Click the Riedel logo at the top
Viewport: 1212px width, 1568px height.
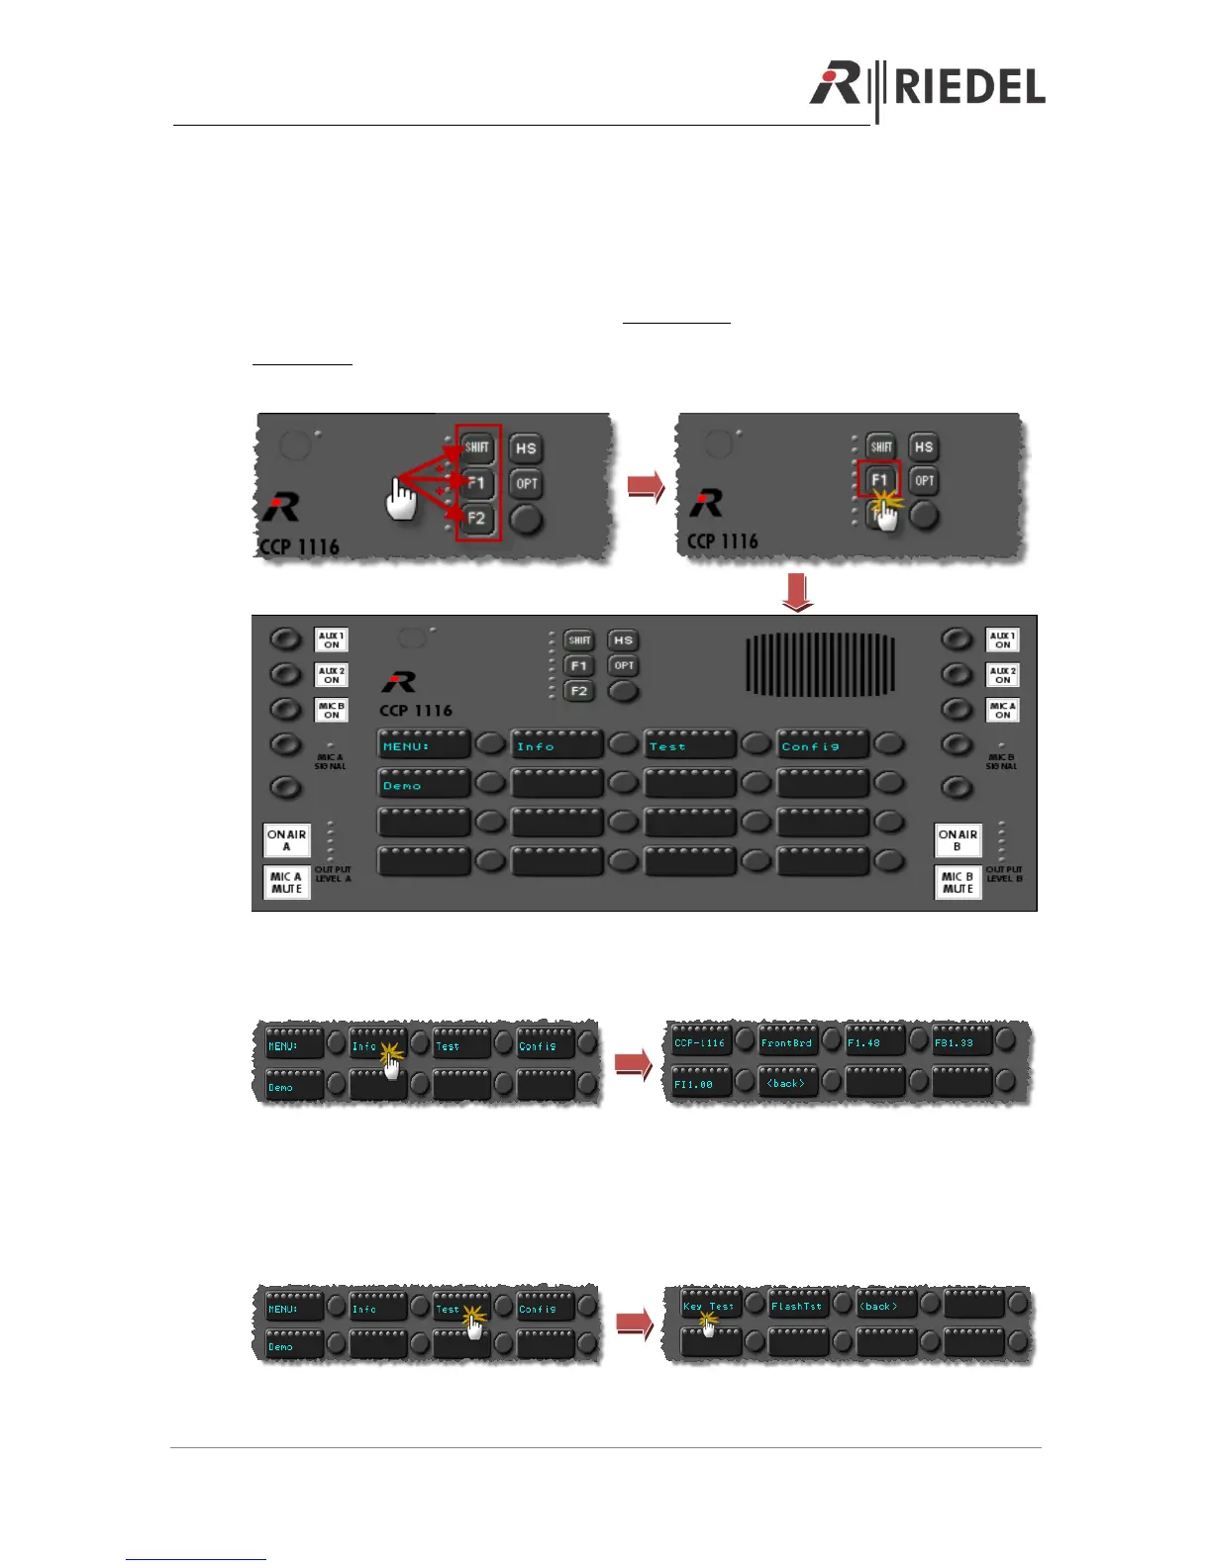927,87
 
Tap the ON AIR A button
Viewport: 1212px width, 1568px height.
286,840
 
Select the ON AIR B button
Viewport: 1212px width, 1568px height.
958,840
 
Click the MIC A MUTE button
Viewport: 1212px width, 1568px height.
286,882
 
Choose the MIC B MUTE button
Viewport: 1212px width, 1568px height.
958,882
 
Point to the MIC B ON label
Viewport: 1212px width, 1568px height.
332,710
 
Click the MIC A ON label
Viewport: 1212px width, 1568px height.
1002,710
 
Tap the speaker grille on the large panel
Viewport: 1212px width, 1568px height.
820,665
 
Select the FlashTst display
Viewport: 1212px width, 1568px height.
796,1307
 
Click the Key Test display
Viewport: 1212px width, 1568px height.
709,1307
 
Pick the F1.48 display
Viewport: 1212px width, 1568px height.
874,1042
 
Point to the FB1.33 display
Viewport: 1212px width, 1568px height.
960,1042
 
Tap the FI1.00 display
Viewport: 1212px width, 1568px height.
701,1084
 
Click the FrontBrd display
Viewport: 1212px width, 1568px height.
787,1042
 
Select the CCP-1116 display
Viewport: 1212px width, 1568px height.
701,1042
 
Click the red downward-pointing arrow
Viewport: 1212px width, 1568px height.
797,593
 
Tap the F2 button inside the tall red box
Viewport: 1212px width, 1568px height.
477,518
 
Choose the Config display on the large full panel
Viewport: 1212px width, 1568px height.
822,746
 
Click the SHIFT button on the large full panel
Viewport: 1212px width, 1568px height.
579,640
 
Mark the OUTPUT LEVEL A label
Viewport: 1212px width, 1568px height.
333,874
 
